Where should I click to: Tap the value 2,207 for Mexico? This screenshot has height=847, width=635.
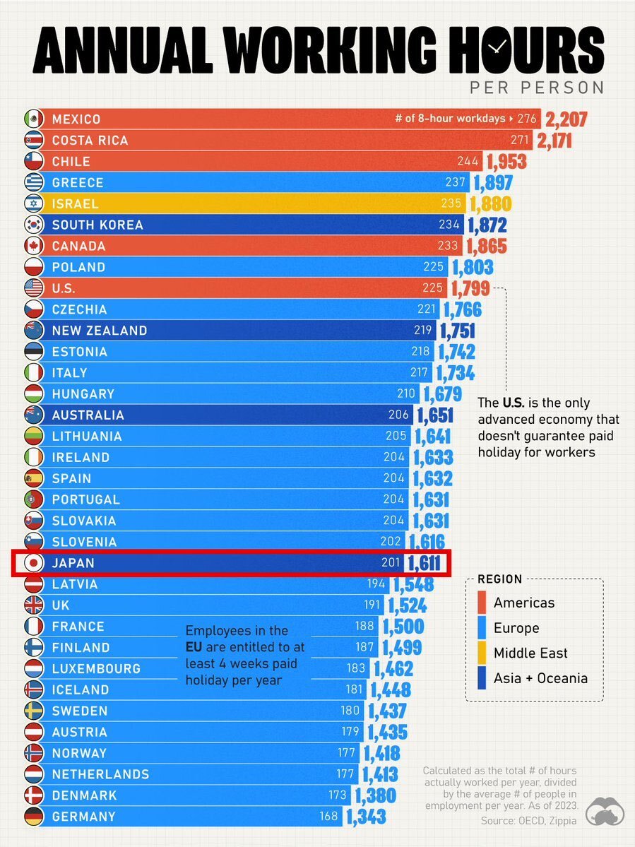coord(565,119)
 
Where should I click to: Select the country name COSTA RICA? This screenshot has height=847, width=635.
coord(90,141)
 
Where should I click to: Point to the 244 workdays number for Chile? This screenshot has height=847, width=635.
coord(468,162)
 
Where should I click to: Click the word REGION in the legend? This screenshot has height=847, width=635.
coord(500,579)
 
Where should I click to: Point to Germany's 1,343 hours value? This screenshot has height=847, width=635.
coord(366,817)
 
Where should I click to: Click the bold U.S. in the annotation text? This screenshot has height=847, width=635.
coord(514,403)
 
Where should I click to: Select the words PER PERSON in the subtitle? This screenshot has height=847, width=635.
coord(536,88)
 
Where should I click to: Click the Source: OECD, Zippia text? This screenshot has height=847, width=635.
coord(530,820)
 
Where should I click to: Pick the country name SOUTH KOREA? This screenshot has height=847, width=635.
coord(97,225)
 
